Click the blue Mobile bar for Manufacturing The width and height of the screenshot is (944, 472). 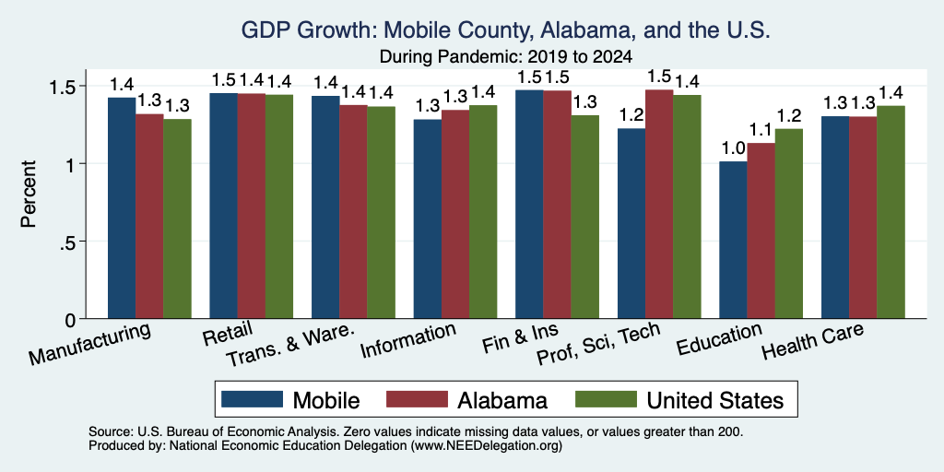[122, 207]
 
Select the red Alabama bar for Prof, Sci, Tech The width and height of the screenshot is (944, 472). [658, 204]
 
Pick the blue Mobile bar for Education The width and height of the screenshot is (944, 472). [733, 240]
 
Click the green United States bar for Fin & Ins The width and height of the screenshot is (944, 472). [584, 217]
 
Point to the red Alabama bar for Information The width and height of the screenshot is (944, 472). [455, 214]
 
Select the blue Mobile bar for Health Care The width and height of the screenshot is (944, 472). [835, 218]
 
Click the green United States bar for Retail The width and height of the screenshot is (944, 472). [279, 206]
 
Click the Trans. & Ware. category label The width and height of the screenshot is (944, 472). [289, 346]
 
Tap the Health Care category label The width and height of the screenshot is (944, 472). [812, 340]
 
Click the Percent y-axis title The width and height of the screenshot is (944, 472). [29, 194]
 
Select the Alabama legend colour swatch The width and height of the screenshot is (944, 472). [417, 399]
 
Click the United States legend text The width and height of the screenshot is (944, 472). [715, 400]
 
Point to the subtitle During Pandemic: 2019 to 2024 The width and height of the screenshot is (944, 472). [506, 57]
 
